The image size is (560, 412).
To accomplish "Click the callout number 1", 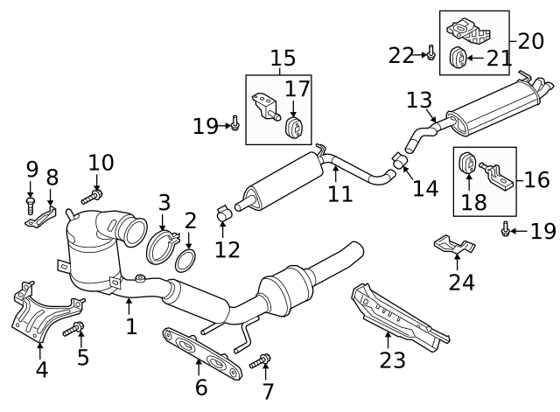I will click(x=131, y=327).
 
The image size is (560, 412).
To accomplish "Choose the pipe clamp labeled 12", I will click(x=223, y=212).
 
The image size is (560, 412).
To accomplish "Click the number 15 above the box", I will click(x=283, y=59).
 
